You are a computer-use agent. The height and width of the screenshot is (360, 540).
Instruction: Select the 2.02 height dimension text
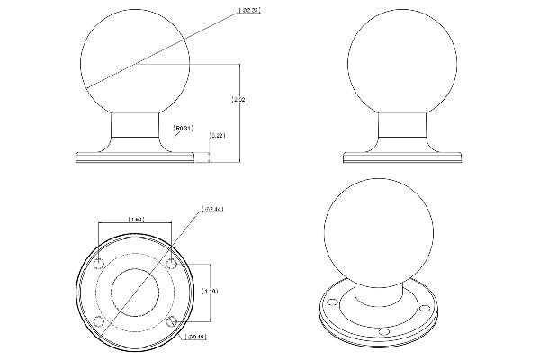pyautogui.click(x=235, y=99)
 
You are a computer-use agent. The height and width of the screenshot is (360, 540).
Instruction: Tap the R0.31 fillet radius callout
pyautogui.click(x=184, y=128)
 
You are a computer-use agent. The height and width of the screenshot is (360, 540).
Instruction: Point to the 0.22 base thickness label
pyautogui.click(x=217, y=136)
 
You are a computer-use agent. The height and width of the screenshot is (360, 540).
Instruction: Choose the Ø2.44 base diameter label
pyautogui.click(x=214, y=210)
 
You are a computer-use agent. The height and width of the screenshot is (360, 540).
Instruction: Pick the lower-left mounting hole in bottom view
pyautogui.click(x=100, y=319)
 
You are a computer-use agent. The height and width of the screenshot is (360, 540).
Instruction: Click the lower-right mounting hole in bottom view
pyautogui.click(x=170, y=319)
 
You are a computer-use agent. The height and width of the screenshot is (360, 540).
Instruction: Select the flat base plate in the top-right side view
pyautogui.click(x=403, y=157)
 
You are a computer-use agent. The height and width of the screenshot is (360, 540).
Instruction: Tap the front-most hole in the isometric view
pyautogui.click(x=384, y=332)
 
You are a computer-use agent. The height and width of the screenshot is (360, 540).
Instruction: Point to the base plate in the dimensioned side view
pyautogui.click(x=135, y=157)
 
